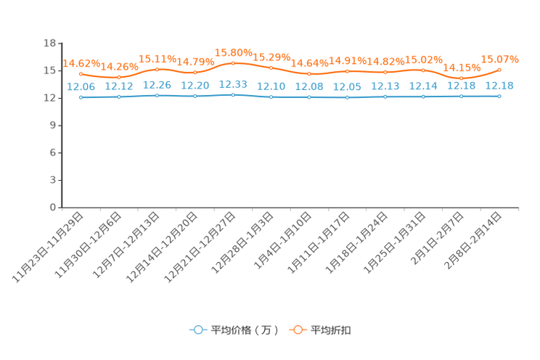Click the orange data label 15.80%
pos(234,53)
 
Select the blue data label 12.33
pos(233,84)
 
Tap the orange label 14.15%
pos(462,67)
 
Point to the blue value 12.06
pos(81,87)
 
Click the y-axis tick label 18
pos(49,43)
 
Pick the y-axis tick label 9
pos(53,126)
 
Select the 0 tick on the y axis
pos(53,208)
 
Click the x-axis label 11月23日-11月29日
pos(48,247)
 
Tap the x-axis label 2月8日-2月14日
pos(472,240)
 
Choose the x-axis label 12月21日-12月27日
pos(200,247)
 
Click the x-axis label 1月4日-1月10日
pos(282,240)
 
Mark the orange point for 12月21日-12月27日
pos(233,63)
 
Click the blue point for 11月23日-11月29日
pos(81,97)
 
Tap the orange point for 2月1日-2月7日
pos(462,78)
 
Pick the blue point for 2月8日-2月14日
pos(499,97)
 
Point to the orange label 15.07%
pos(499,60)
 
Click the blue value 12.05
pos(347,87)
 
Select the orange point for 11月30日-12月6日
pos(119,77)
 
